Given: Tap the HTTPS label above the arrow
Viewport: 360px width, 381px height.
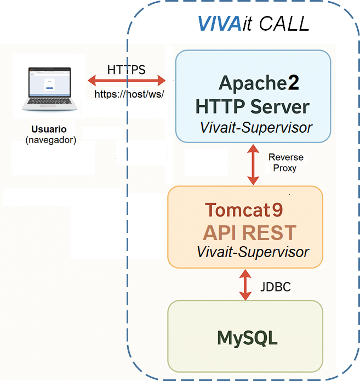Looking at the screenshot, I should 126,70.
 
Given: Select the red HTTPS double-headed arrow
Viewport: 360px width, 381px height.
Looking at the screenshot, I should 126,81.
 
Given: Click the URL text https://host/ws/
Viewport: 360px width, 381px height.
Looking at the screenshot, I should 129,94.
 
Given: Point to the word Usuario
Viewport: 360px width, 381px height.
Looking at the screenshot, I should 49,129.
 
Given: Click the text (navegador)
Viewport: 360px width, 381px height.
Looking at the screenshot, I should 50,140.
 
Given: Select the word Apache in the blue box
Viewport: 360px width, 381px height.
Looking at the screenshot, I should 250,83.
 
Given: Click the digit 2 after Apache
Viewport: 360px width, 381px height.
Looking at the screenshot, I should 294,83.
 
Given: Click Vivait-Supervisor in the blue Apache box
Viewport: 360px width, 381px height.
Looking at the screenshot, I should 256,128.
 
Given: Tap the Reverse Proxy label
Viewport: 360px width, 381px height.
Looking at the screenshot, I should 285,163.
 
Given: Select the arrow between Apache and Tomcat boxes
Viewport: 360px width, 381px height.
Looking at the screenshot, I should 253,164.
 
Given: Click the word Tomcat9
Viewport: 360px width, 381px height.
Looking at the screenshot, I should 244,210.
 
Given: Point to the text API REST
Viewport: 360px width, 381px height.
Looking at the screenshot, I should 249,232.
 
